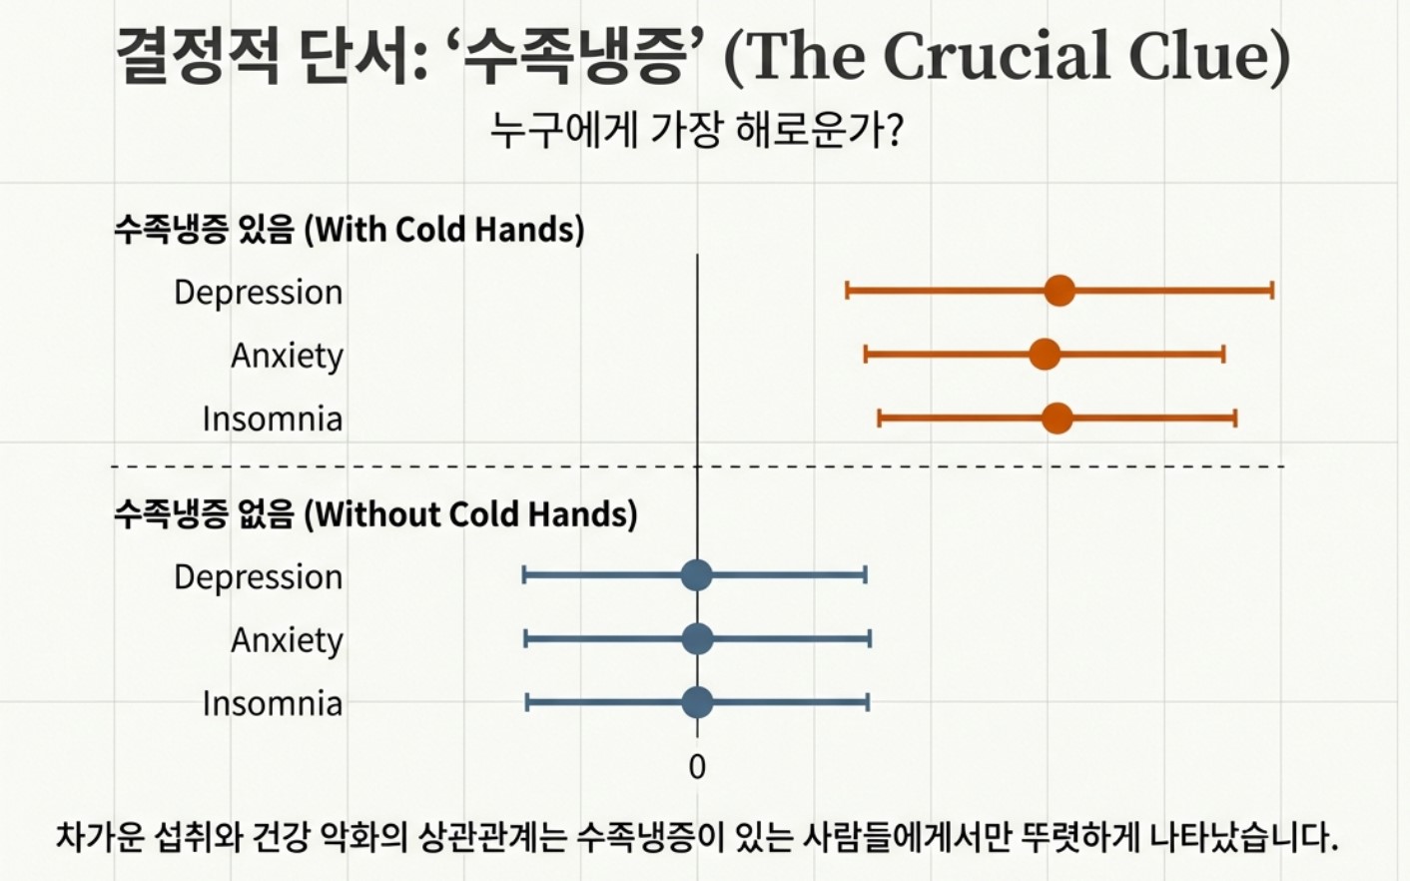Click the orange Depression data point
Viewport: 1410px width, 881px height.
click(x=1059, y=291)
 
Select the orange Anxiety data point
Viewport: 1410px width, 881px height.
click(x=1045, y=354)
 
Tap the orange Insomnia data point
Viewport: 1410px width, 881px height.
click(x=1057, y=418)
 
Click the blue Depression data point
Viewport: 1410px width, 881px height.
click(x=696, y=574)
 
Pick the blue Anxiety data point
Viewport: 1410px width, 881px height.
click(x=697, y=638)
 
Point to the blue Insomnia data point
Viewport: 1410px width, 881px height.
click(x=697, y=702)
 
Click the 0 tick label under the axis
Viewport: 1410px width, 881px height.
click(x=697, y=767)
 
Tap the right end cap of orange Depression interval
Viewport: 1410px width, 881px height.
click(x=1272, y=291)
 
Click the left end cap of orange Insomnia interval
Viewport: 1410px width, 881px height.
click(x=879, y=418)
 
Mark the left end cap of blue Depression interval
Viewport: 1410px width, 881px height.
click(x=524, y=574)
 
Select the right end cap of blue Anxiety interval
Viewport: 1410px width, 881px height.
click(x=870, y=638)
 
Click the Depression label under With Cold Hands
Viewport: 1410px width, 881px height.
click(x=258, y=293)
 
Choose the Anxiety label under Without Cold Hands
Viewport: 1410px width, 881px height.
click(x=287, y=640)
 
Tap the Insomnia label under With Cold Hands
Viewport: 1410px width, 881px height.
click(x=272, y=419)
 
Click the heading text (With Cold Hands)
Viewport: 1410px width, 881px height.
click(x=443, y=230)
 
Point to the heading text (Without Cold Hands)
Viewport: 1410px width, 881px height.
click(x=470, y=514)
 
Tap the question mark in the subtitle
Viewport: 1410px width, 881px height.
click(x=895, y=130)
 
